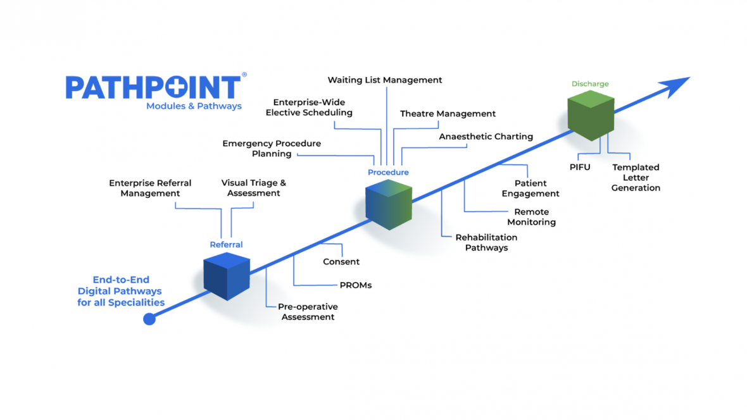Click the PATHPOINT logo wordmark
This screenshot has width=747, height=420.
click(x=153, y=87)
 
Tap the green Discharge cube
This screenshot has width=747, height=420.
click(x=591, y=115)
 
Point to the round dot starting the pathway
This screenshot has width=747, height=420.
click(x=149, y=319)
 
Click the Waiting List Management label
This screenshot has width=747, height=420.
click(x=385, y=80)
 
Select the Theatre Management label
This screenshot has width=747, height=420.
click(x=448, y=114)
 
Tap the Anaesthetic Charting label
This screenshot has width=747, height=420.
click(x=486, y=137)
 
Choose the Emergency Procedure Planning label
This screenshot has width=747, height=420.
click(x=272, y=149)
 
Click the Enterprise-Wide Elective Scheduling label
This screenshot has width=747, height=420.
click(x=309, y=108)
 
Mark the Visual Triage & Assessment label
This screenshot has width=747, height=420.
click(x=253, y=188)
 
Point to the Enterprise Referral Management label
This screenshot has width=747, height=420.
click(x=150, y=188)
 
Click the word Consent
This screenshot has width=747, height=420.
click(x=341, y=262)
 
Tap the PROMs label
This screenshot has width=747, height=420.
click(x=356, y=285)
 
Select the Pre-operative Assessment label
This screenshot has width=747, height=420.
click(x=308, y=312)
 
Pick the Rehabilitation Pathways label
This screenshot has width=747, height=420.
click(x=486, y=242)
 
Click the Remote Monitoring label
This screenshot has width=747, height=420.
click(x=531, y=217)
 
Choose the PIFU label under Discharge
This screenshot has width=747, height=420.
click(x=580, y=168)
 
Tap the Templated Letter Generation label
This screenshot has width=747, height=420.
click(x=636, y=178)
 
